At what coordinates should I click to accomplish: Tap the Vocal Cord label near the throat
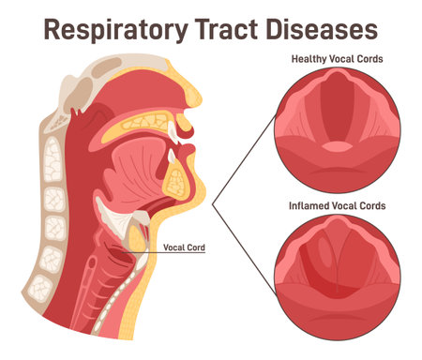point(185,247)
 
